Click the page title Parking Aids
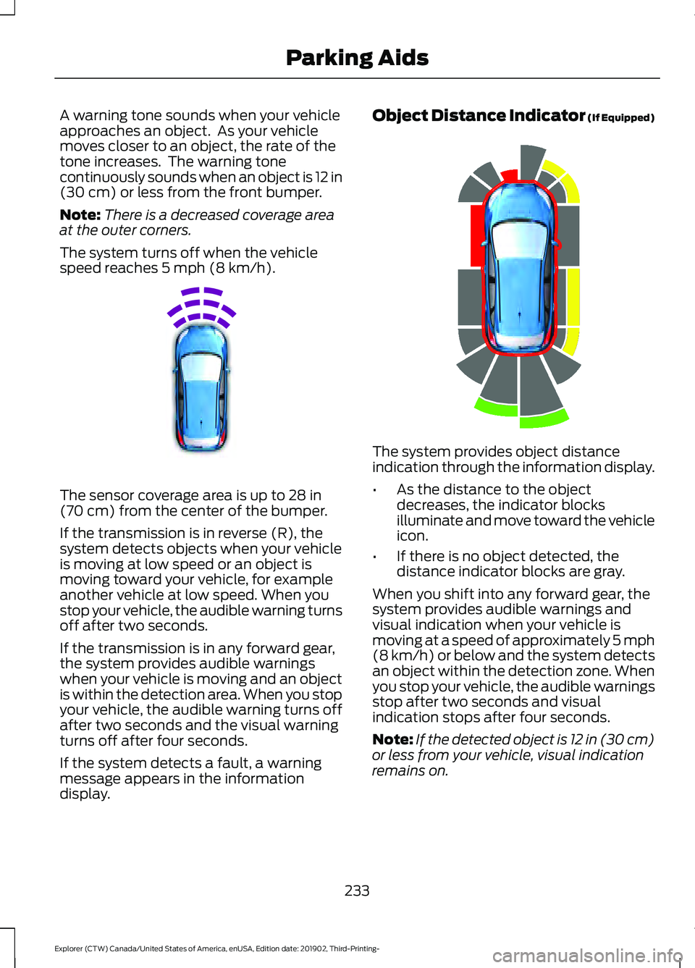pyautogui.click(x=357, y=58)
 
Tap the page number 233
pyautogui.click(x=357, y=891)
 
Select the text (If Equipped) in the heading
pyautogui.click(x=621, y=118)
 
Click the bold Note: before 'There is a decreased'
pyautogui.click(x=80, y=215)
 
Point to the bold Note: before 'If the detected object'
pyautogui.click(x=392, y=739)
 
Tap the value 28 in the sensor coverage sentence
pyautogui.click(x=297, y=495)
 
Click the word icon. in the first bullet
pyautogui.click(x=412, y=536)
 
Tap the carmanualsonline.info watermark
pyautogui.click(x=586, y=956)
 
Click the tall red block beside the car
pyautogui.click(x=476, y=235)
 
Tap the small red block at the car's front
pyautogui.click(x=510, y=175)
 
